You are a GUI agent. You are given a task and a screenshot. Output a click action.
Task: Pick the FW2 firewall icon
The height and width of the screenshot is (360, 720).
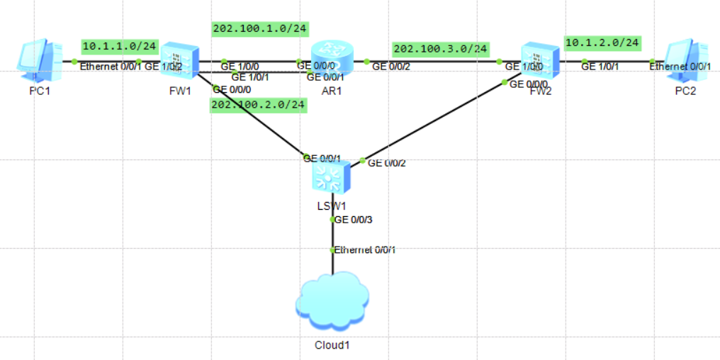pos(540,61)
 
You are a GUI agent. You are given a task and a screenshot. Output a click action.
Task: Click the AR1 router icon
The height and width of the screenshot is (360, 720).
pos(331,58)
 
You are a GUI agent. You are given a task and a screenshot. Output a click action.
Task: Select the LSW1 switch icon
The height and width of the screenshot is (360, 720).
pos(331,176)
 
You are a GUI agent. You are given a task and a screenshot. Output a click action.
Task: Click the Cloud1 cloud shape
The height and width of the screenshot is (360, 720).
pos(332,301)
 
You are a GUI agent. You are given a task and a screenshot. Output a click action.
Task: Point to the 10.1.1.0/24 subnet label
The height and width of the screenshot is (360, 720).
pos(120,46)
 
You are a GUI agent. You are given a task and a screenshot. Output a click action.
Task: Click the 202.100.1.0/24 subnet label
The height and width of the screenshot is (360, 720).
pos(259,28)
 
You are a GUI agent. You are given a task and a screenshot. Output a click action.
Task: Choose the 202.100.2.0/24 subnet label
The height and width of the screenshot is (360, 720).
pos(258,105)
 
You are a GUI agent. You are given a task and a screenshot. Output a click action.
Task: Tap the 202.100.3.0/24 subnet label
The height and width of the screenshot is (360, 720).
pos(440,48)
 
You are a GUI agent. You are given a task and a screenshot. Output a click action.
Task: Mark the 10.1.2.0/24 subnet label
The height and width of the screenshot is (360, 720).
pos(602,43)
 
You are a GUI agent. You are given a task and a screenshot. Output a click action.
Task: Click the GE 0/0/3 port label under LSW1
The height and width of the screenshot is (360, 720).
pos(354,220)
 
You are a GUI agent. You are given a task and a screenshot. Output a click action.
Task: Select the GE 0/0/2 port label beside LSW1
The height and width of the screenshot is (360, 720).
pos(387,163)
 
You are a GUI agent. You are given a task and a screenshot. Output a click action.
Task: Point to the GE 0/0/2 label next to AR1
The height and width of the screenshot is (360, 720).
pos(391,67)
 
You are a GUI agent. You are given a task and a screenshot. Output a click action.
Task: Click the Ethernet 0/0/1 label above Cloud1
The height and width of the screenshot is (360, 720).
pos(365,249)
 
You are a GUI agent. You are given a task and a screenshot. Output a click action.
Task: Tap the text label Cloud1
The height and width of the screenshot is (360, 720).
pos(332,345)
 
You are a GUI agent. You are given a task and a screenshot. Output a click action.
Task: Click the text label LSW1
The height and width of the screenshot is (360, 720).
pos(332,206)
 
